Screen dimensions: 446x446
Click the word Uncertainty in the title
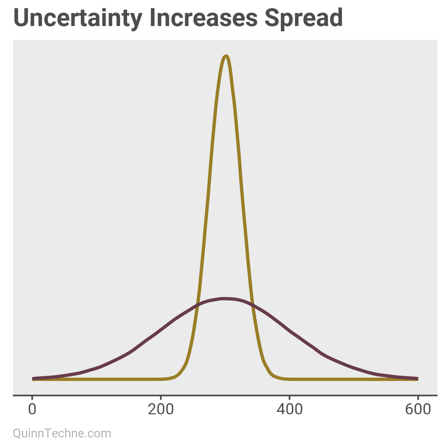pyautogui.click(x=78, y=18)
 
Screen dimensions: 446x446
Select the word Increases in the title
pyautogui.click(x=204, y=18)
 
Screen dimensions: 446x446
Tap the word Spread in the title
pyautogui.click(x=304, y=18)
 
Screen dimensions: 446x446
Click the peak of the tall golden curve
pyautogui.click(x=226, y=56)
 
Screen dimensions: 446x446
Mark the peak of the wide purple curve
pyautogui.click(x=224, y=298)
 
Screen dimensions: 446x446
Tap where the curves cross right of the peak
pyautogui.click(x=252, y=305)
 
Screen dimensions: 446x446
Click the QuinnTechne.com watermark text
pyautogui.click(x=62, y=433)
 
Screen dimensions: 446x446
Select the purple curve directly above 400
pyautogui.click(x=290, y=330)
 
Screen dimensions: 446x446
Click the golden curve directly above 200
pyautogui.click(x=161, y=379)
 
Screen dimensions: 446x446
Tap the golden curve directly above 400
pyautogui.click(x=290, y=379)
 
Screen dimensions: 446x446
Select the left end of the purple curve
pyautogui.click(x=33, y=378)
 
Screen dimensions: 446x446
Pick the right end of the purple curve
pyautogui.click(x=417, y=378)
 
